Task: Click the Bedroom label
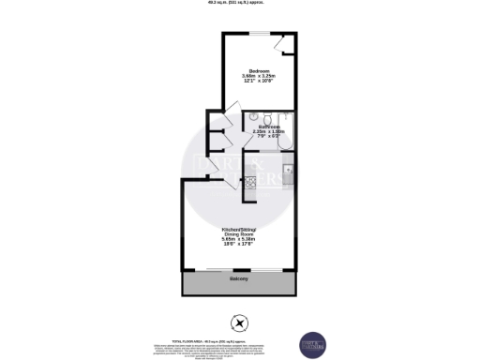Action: click(256, 71)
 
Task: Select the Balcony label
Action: click(239, 279)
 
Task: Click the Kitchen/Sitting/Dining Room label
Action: click(239, 230)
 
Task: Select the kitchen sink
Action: click(290, 171)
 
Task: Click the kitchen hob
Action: click(250, 185)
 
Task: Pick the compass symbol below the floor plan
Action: click(240, 324)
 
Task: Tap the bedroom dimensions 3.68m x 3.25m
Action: click(256, 77)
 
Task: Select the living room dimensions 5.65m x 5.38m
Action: click(239, 239)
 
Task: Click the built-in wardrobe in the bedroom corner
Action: click(285, 46)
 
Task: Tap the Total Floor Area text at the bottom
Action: click(239, 341)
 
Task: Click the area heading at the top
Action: click(239, 3)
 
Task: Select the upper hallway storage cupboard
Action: click(213, 140)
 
